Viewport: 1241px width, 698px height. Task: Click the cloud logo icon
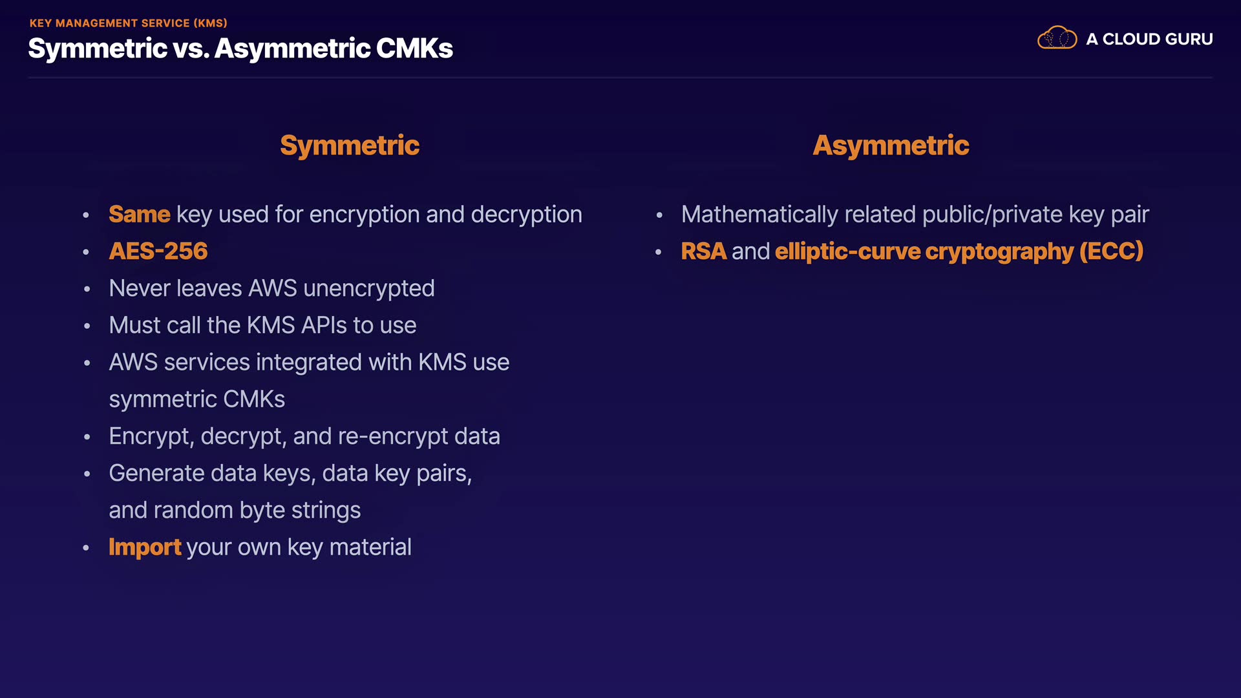pyautogui.click(x=1057, y=38)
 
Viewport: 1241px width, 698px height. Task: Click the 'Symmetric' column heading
pyautogui.click(x=350, y=145)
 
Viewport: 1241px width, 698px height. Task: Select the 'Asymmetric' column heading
pyautogui.click(x=891, y=145)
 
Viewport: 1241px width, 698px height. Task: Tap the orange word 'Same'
pyautogui.click(x=139, y=214)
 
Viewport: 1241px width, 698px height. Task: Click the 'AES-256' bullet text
pyautogui.click(x=158, y=251)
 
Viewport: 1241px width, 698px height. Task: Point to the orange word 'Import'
pyautogui.click(x=145, y=547)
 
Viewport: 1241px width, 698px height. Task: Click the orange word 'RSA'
pyautogui.click(x=703, y=251)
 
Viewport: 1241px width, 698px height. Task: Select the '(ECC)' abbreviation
pyautogui.click(x=1111, y=251)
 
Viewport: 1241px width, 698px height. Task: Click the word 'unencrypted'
pyautogui.click(x=368, y=288)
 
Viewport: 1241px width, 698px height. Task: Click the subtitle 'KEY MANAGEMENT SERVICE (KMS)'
pyautogui.click(x=128, y=23)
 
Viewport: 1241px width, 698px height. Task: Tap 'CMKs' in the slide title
pyautogui.click(x=414, y=48)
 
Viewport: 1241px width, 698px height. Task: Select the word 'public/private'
pyautogui.click(x=992, y=214)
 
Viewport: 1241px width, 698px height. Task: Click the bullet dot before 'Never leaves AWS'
pyautogui.click(x=87, y=289)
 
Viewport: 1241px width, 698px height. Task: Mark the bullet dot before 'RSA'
pyautogui.click(x=659, y=252)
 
